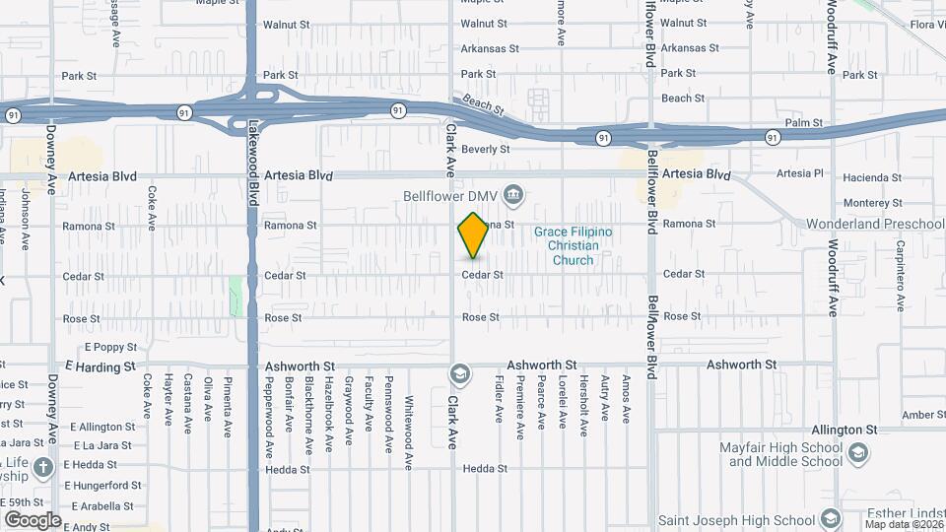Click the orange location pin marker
pos(473,235)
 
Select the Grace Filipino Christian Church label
pos(573,245)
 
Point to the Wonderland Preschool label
pos(875,224)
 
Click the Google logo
pos(33,519)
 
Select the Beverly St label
pos(486,150)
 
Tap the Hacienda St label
pos(867,177)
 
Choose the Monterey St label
pos(867,202)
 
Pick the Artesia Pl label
pos(799,174)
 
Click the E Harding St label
pos(100,366)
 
